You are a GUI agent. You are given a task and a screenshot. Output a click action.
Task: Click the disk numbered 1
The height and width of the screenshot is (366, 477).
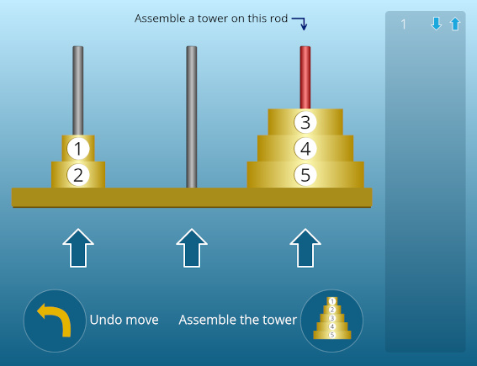pos(78,148)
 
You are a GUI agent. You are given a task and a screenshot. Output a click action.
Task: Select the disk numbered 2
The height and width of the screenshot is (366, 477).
pos(78,175)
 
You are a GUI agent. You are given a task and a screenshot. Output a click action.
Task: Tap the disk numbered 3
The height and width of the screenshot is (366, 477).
pos(305,122)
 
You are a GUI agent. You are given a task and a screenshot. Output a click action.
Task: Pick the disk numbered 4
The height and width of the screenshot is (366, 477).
pos(305,148)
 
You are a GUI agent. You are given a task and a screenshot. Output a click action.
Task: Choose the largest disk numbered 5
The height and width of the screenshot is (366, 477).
pos(305,175)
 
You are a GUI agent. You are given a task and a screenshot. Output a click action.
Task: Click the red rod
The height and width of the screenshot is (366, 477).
pos(305,77)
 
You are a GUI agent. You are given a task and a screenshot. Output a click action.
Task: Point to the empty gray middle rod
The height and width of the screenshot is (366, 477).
pos(192,117)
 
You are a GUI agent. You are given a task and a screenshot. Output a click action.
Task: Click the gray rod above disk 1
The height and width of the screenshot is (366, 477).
pos(78,91)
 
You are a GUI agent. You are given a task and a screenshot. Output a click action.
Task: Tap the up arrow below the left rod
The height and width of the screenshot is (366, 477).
pos(78,248)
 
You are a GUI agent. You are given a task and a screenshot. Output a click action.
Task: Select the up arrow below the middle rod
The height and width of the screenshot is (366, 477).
pos(192,248)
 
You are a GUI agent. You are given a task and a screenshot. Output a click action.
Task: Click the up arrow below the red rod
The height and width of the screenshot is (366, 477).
pos(305,248)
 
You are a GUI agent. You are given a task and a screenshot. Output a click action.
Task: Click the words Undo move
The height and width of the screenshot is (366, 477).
pos(125,320)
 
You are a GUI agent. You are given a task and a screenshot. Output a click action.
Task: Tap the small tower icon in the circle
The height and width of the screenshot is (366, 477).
pos(332,318)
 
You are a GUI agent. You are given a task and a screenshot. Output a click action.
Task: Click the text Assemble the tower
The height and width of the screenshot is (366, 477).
pos(237,320)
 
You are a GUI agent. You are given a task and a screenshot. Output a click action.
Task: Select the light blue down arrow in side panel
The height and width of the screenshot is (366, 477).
pos(437,24)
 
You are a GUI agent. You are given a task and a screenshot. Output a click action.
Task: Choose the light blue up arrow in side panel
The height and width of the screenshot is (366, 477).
pos(455,24)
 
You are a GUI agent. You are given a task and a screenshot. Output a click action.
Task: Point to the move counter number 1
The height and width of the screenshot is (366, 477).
pos(403,24)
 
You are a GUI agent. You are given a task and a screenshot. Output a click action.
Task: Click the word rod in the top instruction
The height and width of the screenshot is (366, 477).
pos(278,19)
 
